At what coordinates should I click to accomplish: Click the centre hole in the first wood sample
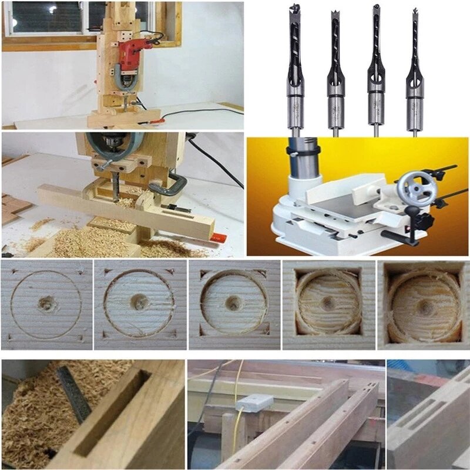pos(45,304)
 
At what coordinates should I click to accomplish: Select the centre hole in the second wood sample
pos(139,302)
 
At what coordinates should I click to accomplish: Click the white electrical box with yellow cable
pos(254,403)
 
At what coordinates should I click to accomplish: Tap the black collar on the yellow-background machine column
pos(301,152)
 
